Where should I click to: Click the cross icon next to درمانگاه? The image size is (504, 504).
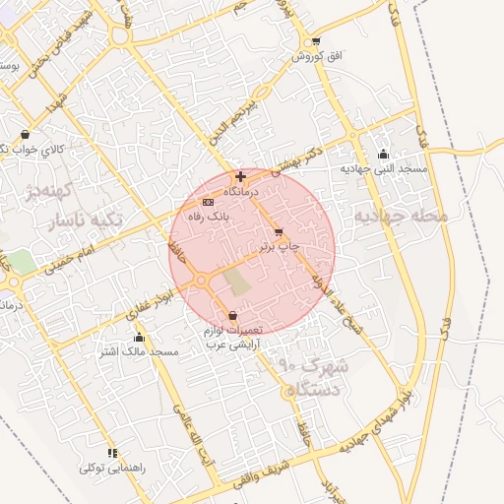pyautogui.click(x=241, y=176)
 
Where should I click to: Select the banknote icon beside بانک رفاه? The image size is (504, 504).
pyautogui.click(x=207, y=202)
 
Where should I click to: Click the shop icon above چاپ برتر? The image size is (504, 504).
pyautogui.click(x=279, y=232)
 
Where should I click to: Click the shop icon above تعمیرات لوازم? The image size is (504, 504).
pyautogui.click(x=232, y=315)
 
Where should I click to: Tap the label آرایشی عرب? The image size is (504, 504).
pyautogui.click(x=229, y=344)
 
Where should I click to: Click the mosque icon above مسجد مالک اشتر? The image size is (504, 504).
pyautogui.click(x=139, y=338)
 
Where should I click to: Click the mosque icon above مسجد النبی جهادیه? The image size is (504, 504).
pyautogui.click(x=383, y=155)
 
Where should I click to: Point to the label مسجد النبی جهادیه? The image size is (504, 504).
pyautogui.click(x=384, y=169)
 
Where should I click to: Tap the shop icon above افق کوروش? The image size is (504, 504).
pyautogui.click(x=315, y=41)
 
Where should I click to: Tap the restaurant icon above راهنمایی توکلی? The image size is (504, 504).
pyautogui.click(x=113, y=453)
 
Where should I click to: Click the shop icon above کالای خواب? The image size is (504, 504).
pyautogui.click(x=25, y=135)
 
